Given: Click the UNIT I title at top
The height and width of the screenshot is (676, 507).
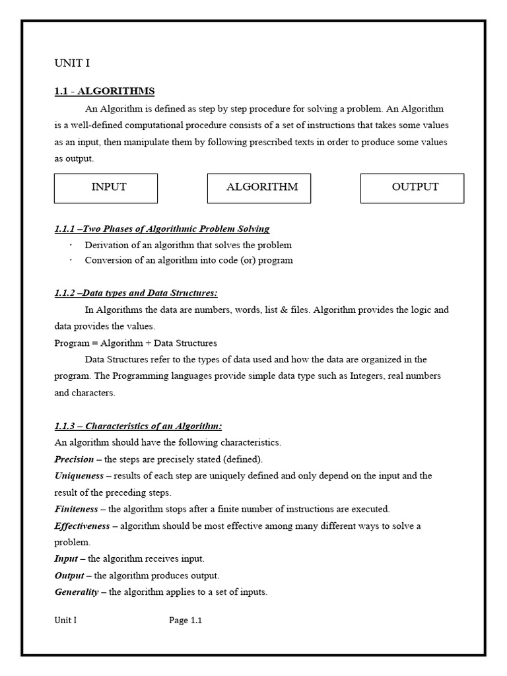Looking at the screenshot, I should (x=71, y=63).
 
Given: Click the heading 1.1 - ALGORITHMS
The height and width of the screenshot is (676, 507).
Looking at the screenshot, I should (x=104, y=91).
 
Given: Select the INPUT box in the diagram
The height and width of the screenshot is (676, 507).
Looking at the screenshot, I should (x=106, y=188).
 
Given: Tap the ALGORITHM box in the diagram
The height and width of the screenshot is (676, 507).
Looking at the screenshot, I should (x=259, y=188).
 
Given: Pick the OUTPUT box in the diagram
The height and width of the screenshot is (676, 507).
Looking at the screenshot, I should (x=412, y=188).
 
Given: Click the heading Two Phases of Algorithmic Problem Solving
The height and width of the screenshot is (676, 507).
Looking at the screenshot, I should (x=162, y=229).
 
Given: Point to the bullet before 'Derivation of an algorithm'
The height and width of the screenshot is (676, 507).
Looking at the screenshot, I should (x=71, y=245).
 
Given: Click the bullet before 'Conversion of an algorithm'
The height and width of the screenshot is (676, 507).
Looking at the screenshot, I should (x=71, y=260).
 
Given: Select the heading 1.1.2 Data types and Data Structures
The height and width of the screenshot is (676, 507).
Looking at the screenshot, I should (x=136, y=293).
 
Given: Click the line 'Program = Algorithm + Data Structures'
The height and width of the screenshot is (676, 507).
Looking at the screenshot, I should (x=135, y=343).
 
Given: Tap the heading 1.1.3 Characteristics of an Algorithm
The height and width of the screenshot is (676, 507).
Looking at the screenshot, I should (x=138, y=426).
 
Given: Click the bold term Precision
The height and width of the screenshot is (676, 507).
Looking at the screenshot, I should (x=74, y=459).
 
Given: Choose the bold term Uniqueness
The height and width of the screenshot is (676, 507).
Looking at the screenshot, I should (x=79, y=476).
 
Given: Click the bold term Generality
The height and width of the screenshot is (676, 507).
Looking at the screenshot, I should (x=76, y=592).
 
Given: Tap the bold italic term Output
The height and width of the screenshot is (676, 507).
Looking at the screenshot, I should (x=69, y=576).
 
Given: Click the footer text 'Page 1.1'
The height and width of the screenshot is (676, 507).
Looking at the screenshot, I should (x=186, y=621).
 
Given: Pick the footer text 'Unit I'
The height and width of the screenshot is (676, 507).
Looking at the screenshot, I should (x=65, y=621).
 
